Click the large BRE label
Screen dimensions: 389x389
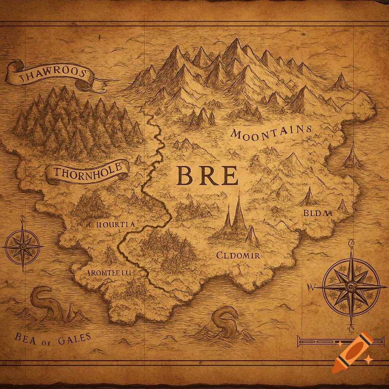[207, 176]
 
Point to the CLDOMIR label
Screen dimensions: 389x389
[238, 255]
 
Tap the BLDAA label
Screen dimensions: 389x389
[318, 213]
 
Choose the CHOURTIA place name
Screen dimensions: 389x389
[112, 224]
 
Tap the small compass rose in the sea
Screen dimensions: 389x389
[23, 246]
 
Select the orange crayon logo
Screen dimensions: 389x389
[352, 352]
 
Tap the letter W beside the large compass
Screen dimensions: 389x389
[309, 287]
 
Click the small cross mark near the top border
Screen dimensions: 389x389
[99, 37]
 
